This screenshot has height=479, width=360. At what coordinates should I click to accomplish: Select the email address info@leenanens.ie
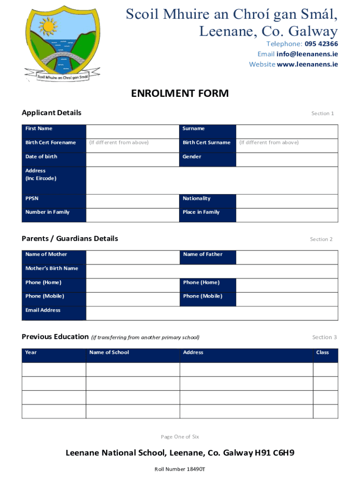pyautogui.click(x=307, y=54)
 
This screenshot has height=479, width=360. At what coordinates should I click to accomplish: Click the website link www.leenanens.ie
pyautogui.click(x=307, y=65)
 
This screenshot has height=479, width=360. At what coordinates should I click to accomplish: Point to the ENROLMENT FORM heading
pyautogui.click(x=180, y=94)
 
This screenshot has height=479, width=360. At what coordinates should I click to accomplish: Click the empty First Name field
pyautogui.click(x=133, y=131)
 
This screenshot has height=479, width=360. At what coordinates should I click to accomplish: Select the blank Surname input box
pyautogui.click(x=287, y=131)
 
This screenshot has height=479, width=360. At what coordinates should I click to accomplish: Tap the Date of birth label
pyautogui.click(x=42, y=157)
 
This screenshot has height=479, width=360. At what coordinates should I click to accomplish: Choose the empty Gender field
pyautogui.click(x=287, y=159)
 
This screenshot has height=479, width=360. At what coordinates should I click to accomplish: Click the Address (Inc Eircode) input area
pyautogui.click(x=212, y=180)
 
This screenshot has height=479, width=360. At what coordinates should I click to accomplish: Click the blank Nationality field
pyautogui.click(x=287, y=201)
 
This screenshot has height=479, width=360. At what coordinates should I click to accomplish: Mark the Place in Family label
pyautogui.click(x=201, y=212)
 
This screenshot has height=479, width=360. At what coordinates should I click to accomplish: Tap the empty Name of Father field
pyautogui.click(x=287, y=257)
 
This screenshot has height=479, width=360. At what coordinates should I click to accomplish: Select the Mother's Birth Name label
pyautogui.click(x=52, y=269)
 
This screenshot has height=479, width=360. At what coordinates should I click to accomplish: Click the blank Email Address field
pyautogui.click(x=212, y=313)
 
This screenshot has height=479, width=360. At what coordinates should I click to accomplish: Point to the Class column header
pyautogui.click(x=323, y=353)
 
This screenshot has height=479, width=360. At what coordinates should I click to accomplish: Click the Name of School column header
pyautogui.click(x=109, y=353)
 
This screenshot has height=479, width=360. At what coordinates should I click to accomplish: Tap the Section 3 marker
pyautogui.click(x=324, y=337)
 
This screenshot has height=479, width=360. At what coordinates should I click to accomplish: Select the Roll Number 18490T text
pyautogui.click(x=180, y=469)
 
